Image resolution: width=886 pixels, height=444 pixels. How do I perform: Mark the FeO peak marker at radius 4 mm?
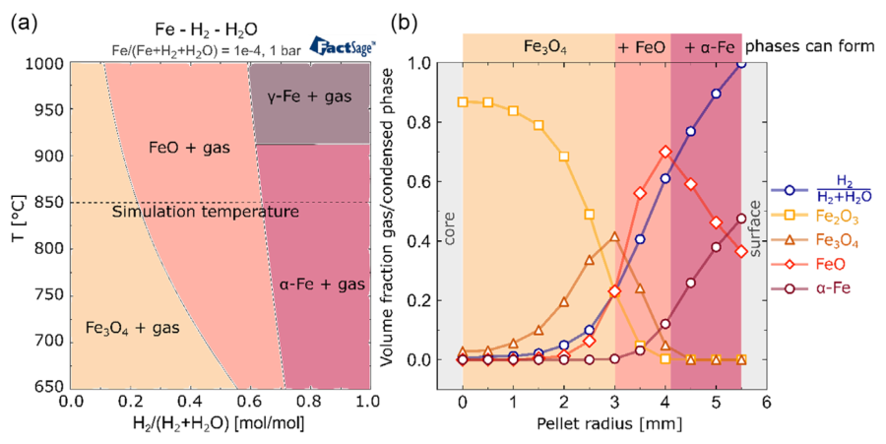(x=666, y=152)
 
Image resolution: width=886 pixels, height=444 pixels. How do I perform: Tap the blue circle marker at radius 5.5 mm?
(x=741, y=64)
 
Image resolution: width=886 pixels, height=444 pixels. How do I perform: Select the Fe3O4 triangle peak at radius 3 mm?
(x=614, y=237)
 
